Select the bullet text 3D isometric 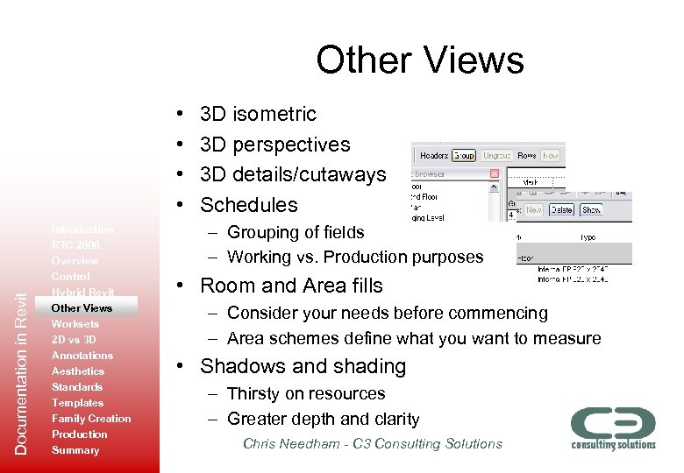258,114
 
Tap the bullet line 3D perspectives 274,145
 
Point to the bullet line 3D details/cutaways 292,174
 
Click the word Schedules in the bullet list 249,205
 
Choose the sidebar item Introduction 82,229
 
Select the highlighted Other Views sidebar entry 82,308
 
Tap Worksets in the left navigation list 75,324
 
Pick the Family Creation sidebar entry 91,419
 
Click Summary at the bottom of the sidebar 75,450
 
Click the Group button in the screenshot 464,155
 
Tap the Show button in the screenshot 591,209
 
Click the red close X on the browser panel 494,173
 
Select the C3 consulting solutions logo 613,427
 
